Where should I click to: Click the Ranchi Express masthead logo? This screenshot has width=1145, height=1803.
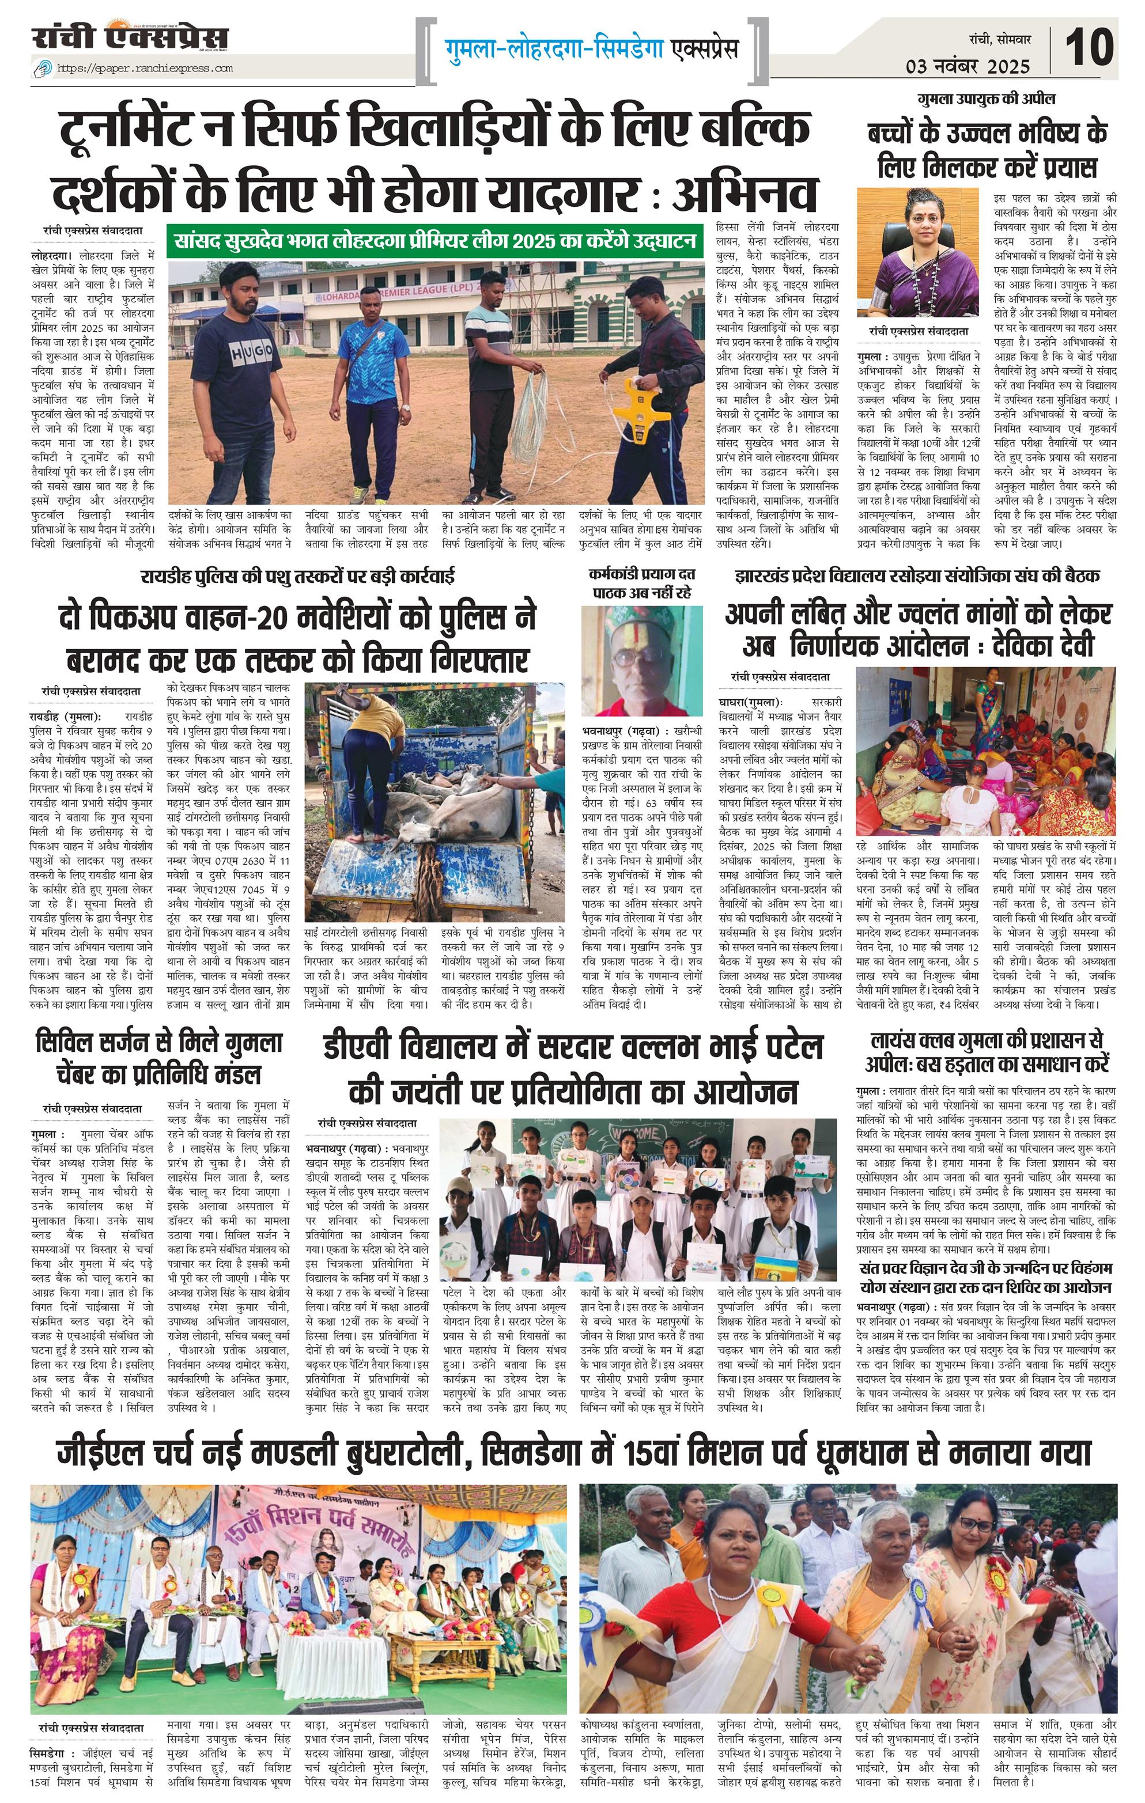click(x=130, y=37)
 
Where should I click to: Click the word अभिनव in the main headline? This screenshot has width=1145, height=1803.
click(x=743, y=192)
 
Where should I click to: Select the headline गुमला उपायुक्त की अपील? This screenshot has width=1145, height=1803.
click(x=987, y=100)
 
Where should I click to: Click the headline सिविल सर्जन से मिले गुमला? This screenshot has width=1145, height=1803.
click(x=160, y=1041)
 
